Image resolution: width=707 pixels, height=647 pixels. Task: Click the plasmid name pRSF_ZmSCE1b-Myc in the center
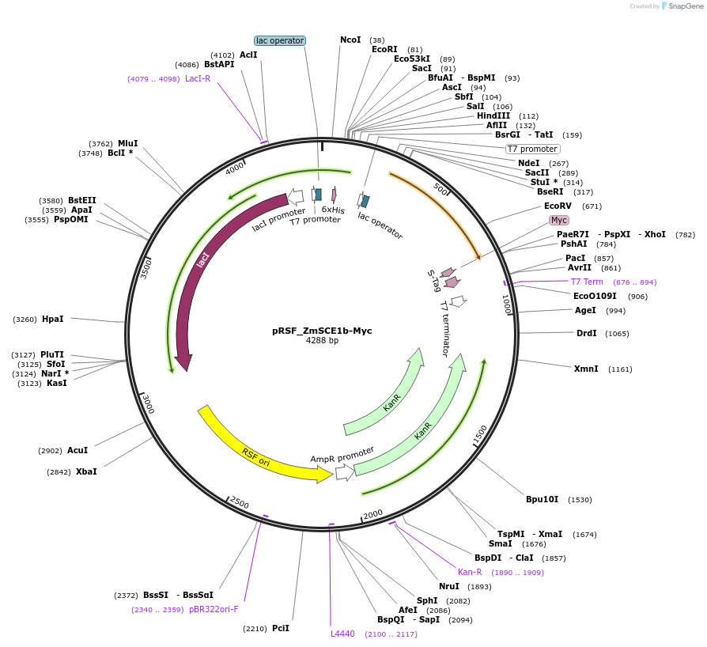coord(322,331)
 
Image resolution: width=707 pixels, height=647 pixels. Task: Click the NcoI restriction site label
coord(350,40)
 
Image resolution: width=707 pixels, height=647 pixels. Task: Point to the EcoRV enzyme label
coord(558,206)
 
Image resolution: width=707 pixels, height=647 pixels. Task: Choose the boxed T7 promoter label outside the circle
coord(532,149)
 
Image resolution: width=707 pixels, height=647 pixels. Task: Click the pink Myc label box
coord(559,220)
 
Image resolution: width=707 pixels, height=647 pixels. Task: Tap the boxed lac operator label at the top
coord(280,40)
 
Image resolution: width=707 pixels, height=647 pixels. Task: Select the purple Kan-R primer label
coord(470,572)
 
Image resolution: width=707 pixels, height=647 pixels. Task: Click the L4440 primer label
coord(343,634)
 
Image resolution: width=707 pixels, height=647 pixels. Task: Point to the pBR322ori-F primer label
coord(214,609)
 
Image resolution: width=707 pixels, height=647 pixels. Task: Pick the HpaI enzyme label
coord(52,319)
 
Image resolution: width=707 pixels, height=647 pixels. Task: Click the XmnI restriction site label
coord(586,369)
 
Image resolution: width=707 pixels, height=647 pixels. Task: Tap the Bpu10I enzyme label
coord(543,499)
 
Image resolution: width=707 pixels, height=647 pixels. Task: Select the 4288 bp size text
coord(322,341)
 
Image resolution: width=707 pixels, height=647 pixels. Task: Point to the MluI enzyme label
coord(128,143)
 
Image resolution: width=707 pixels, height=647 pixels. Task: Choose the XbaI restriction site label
coord(86,471)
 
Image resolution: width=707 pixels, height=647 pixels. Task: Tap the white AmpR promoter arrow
coord(345,472)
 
